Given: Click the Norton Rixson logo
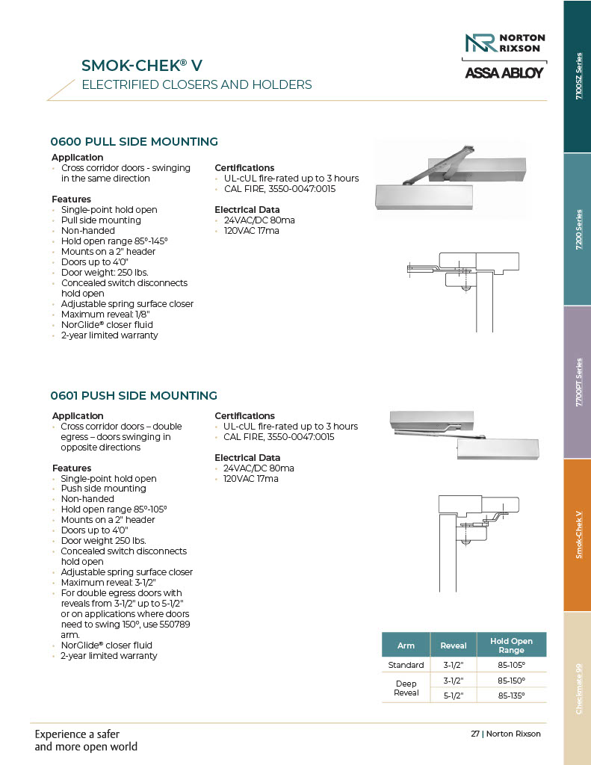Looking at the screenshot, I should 505,43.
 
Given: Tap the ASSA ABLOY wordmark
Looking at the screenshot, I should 505,73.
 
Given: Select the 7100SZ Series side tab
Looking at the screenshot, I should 576,76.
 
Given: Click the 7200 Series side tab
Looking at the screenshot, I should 576,229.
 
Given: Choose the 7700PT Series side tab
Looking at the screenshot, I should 576,382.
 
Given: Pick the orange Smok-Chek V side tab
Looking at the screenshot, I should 576,535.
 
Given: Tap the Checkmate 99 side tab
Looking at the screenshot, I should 576,688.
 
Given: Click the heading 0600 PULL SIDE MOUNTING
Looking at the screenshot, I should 134,141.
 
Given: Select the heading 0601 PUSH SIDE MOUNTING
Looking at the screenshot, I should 134,395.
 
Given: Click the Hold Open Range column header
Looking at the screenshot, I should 511,645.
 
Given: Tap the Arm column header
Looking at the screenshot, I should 406,645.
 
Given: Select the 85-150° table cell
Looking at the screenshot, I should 511,681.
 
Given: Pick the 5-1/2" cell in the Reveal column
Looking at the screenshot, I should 454,696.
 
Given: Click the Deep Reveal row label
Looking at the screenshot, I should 406,688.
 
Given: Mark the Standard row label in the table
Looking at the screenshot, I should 406,665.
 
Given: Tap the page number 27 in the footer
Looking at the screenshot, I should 474,734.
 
